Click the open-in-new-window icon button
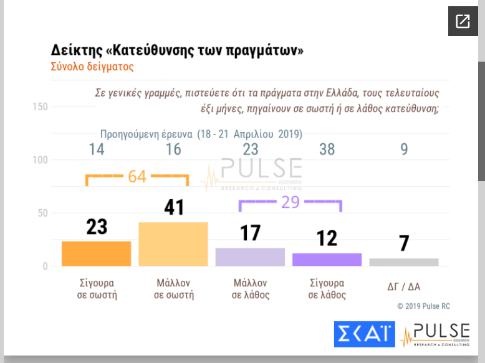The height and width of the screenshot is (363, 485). (x=463, y=22)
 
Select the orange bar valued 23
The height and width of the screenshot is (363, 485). (x=97, y=253)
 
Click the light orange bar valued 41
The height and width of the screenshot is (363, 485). (x=173, y=244)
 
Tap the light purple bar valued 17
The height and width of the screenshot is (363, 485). (x=250, y=257)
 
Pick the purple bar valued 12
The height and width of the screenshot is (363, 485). (x=327, y=260)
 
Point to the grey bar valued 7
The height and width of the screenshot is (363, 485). (x=404, y=262)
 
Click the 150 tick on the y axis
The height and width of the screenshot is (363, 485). (x=40, y=107)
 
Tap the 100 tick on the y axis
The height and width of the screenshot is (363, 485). (x=40, y=160)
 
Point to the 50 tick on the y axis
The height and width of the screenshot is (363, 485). (x=42, y=213)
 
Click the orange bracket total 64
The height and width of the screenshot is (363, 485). (x=137, y=176)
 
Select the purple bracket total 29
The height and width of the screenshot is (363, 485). (x=291, y=202)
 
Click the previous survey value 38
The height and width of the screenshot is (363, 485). (x=327, y=149)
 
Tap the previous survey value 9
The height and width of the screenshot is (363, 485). (x=404, y=149)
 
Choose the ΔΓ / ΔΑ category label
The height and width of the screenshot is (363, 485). (x=404, y=286)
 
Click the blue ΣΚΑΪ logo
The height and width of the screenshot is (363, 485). (x=365, y=334)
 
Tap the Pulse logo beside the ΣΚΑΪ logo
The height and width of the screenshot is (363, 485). (x=435, y=334)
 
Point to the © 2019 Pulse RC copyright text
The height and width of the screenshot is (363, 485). (x=423, y=306)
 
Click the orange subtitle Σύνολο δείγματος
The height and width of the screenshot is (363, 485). (x=92, y=66)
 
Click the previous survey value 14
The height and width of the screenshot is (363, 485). (x=97, y=149)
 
